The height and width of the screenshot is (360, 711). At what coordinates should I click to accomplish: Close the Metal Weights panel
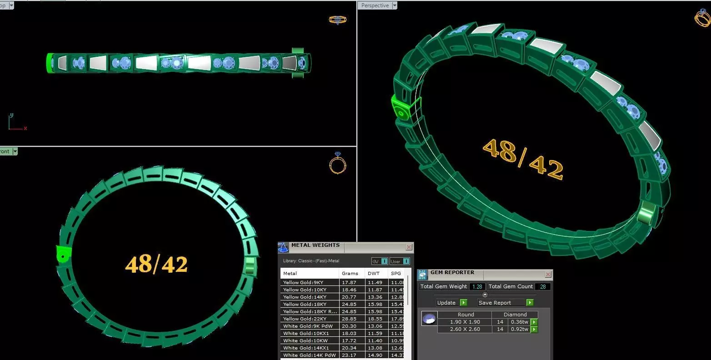(409, 247)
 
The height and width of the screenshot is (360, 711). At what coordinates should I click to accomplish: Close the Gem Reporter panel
(548, 275)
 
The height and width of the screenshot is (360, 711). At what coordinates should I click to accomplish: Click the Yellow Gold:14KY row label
(300, 297)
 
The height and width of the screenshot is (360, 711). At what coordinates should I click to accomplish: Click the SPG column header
(396, 273)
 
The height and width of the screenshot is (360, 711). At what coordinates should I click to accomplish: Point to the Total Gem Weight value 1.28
(477, 286)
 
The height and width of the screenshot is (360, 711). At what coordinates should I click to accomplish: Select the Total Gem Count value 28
(542, 286)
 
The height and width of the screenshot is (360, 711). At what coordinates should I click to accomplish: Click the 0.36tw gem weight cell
(519, 322)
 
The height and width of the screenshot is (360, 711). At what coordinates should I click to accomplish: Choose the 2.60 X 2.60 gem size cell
(465, 329)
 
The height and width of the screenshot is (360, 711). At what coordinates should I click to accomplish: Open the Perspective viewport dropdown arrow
(395, 5)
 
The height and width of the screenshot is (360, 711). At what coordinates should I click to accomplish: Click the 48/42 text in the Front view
(156, 264)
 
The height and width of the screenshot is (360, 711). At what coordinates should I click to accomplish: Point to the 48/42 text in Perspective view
(522, 159)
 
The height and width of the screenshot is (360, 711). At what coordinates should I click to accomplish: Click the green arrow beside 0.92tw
(534, 329)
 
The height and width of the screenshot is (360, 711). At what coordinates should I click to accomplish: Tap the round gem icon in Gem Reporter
(429, 319)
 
